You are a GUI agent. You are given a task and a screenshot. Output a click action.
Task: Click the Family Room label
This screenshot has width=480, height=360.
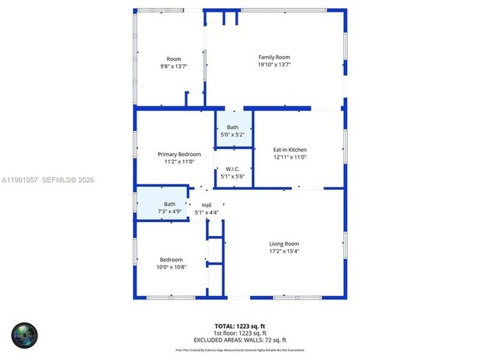pos(274,58)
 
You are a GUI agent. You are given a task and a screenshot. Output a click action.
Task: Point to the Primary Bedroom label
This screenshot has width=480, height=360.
pos(179,154)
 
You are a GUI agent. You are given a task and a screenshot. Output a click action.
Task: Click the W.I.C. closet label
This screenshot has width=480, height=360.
pos(233,170)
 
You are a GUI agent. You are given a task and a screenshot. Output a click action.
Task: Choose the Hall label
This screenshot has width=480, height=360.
pos(207,205)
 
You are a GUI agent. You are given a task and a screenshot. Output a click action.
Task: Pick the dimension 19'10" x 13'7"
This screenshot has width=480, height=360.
pos(274,66)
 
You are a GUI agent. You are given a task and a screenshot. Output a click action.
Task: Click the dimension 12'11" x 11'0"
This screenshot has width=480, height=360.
pos(289,157)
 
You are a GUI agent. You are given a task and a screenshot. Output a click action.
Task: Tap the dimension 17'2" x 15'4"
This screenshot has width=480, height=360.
pos(284,251)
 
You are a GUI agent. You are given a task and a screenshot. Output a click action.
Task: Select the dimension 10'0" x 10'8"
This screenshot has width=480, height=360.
pos(171,266)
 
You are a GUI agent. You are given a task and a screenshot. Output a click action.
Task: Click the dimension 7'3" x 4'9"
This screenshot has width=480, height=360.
pos(170,212)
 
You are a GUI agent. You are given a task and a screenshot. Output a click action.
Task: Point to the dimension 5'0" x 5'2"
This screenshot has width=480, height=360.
pos(233,135)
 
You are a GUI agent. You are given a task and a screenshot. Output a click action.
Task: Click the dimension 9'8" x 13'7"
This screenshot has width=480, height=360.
pos(174,66)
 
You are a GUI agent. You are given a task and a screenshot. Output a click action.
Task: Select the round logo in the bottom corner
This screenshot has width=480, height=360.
pos(23,336)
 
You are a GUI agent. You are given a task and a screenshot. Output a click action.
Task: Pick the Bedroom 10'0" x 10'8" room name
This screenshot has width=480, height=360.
pos(171,259)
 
